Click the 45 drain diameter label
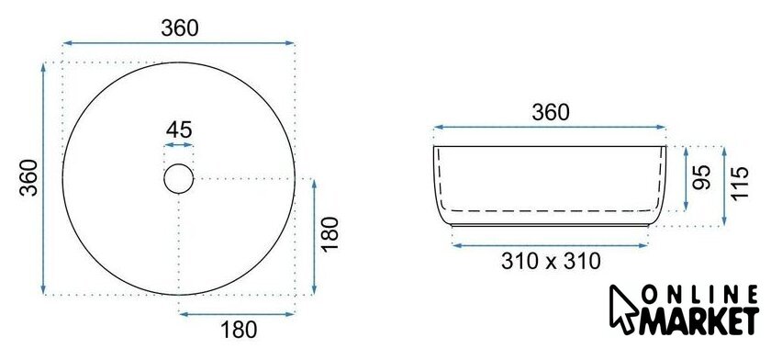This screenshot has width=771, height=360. (x=179, y=130)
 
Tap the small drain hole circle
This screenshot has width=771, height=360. (x=178, y=164)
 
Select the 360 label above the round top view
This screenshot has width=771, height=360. (x=180, y=28)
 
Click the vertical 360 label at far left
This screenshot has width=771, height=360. (x=29, y=177)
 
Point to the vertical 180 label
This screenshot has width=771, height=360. (x=330, y=233)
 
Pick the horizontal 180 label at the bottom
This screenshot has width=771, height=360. (x=239, y=330)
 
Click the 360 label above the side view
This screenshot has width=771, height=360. (x=551, y=113)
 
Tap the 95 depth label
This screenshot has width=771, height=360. (x=701, y=177)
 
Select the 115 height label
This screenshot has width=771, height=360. (x=740, y=183)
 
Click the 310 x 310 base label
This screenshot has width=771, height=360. (x=552, y=261)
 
